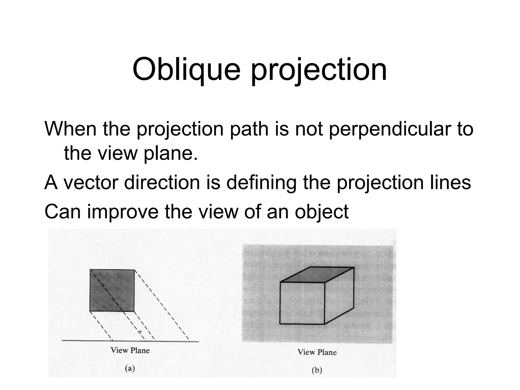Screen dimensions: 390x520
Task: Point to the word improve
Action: point(123,212)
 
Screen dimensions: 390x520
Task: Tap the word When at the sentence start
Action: point(70,129)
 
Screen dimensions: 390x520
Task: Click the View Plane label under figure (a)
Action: point(130,351)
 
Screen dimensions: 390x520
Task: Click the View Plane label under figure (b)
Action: point(317,352)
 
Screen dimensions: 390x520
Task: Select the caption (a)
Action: point(130,368)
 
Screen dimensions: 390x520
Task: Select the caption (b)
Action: point(317,370)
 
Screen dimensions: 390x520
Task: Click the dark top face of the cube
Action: point(317,274)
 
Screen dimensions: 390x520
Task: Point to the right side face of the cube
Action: point(339,297)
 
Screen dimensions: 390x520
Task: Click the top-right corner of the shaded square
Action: point(134,270)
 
